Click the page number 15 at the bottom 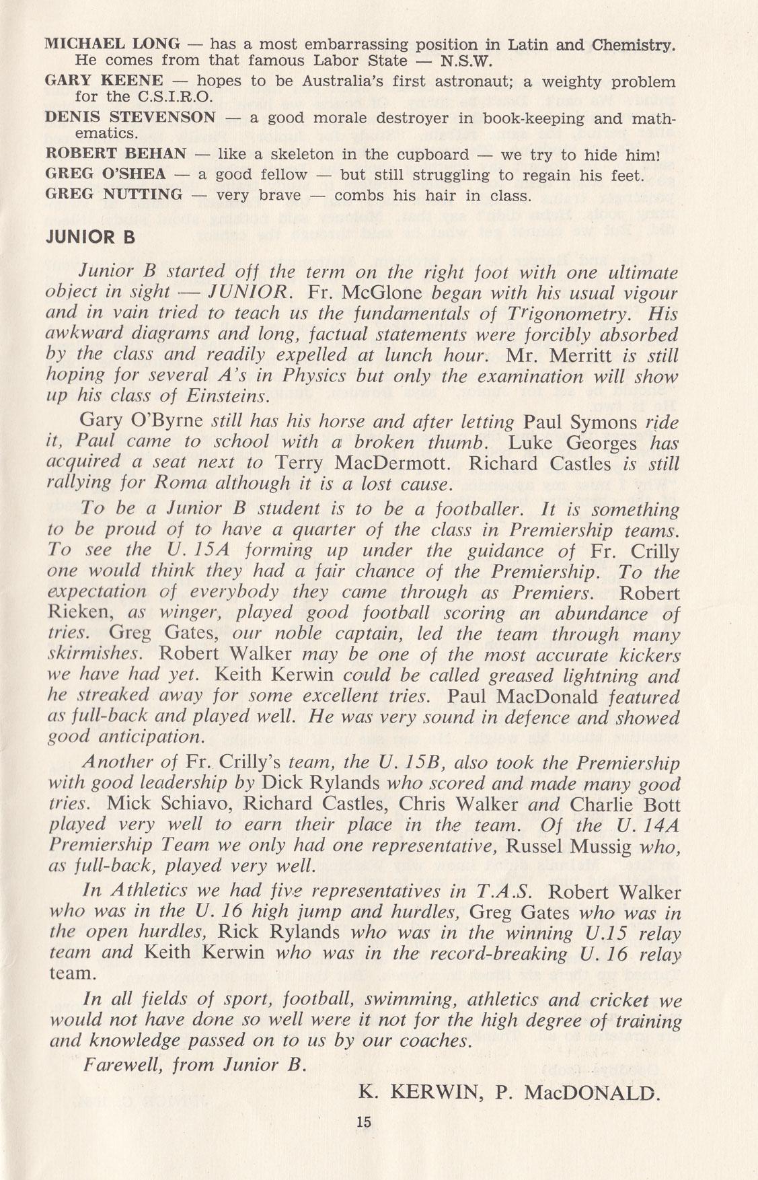[364, 1121]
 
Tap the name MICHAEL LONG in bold [112, 45]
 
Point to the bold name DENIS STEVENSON [130, 118]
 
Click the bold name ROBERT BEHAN [115, 154]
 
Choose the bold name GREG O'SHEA [105, 175]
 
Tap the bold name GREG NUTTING [113, 195]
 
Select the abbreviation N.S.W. [467, 61]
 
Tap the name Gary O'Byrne [141, 422]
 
